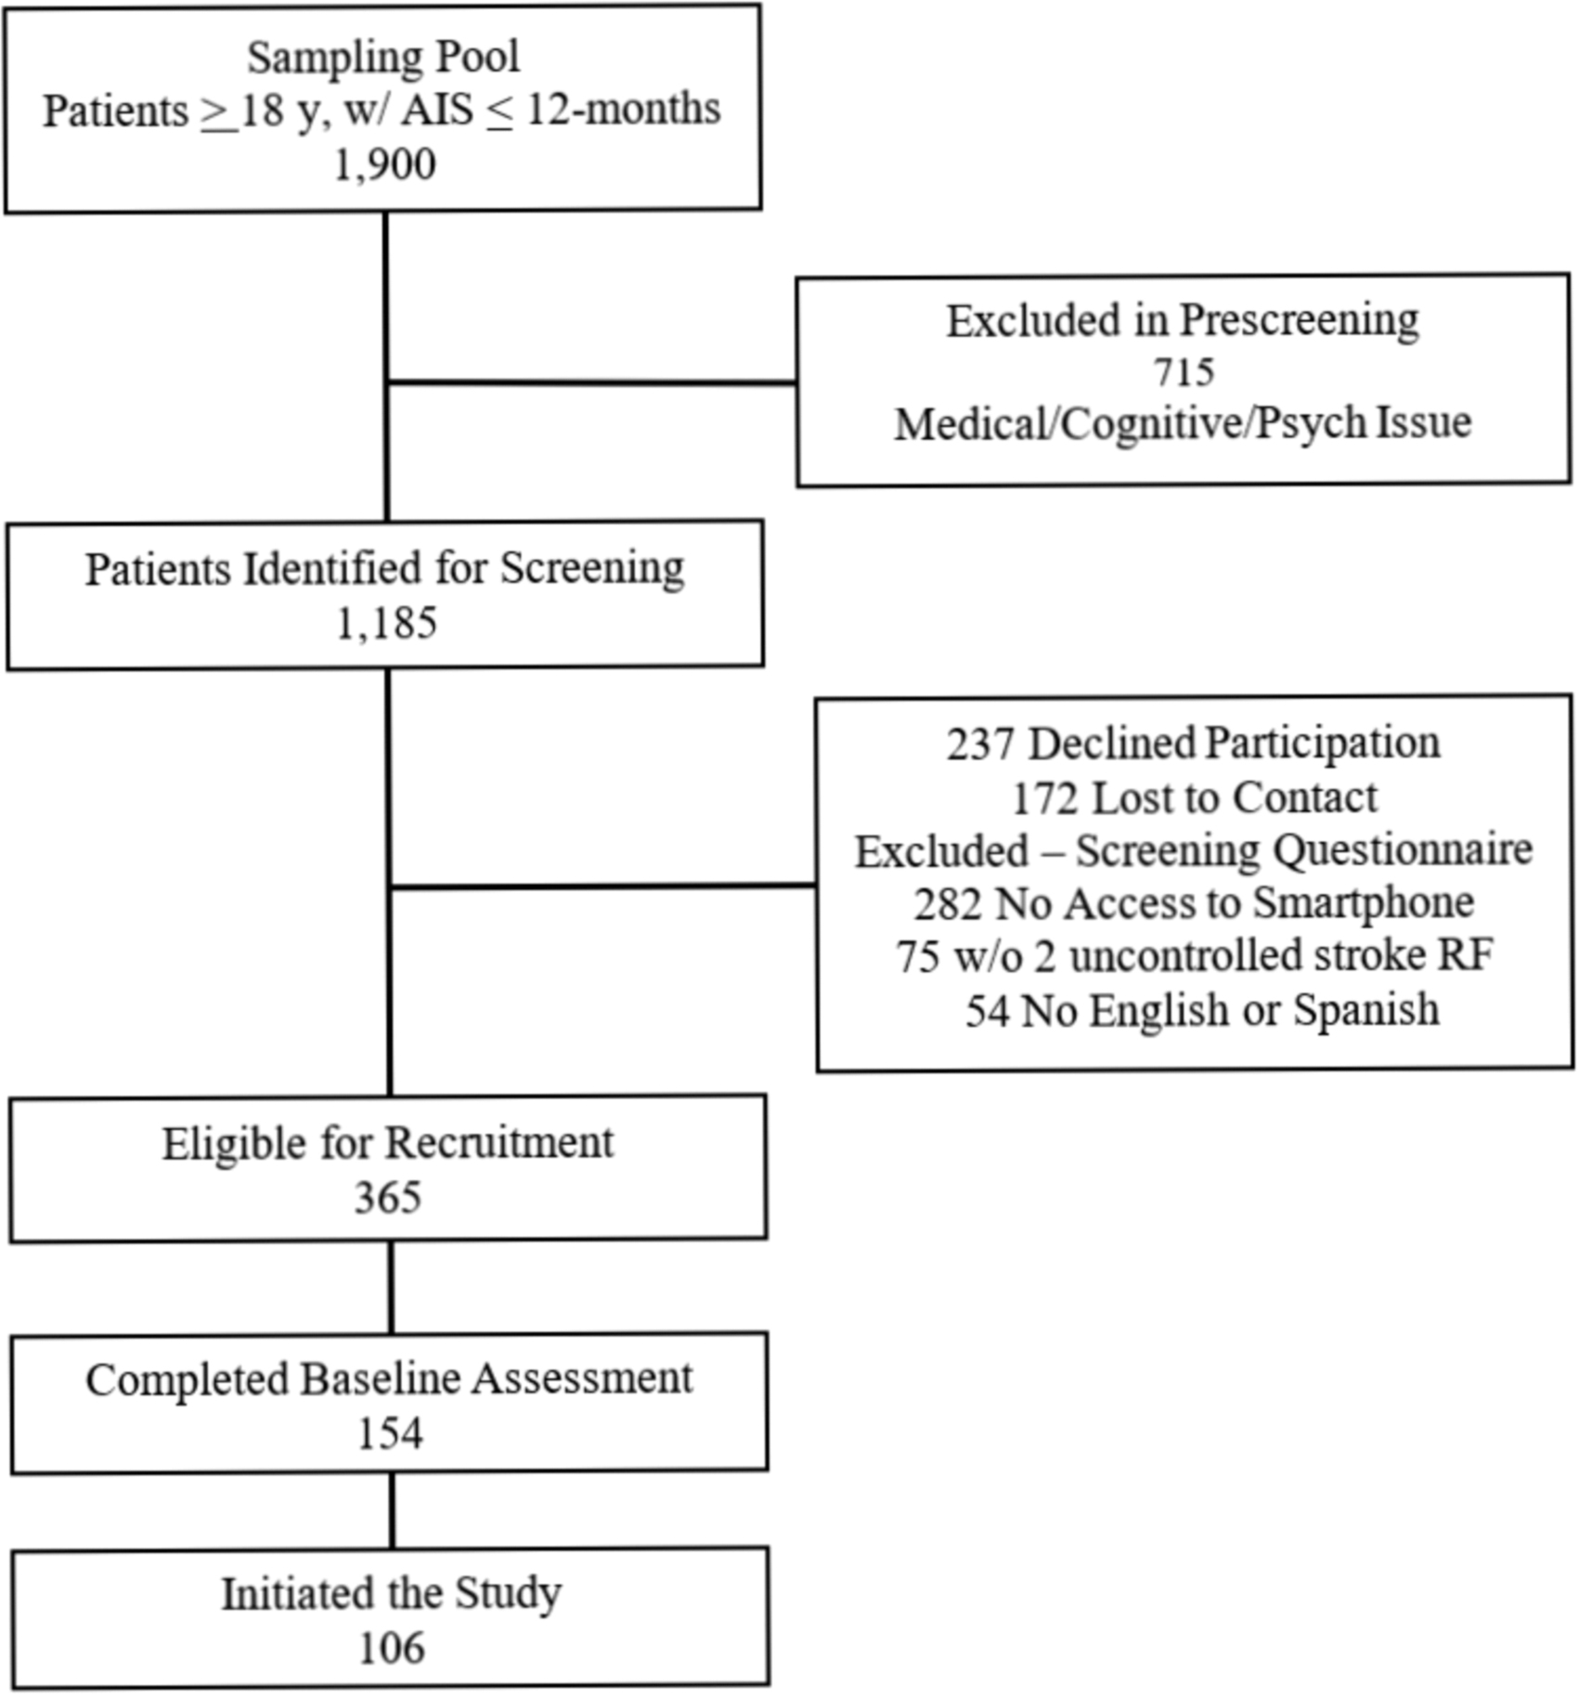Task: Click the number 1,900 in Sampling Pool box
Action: coord(384,164)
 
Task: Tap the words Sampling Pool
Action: coord(383,57)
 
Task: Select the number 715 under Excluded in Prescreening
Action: coord(1183,372)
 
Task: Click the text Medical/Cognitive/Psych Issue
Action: coord(1183,424)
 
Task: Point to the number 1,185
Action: coord(386,623)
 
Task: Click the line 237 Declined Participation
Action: coord(1194,744)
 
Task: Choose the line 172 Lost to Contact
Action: coord(1195,797)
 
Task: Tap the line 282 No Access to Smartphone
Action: coord(1194,903)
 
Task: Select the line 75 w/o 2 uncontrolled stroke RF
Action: coord(1195,956)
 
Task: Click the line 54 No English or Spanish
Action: coord(1202,1010)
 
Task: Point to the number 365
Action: coord(388,1198)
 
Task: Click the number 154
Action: coord(390,1433)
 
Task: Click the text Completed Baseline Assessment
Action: coord(389,1380)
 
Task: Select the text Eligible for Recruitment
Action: coord(388,1144)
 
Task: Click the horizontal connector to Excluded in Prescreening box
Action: coord(591,382)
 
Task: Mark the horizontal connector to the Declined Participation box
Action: coord(603,887)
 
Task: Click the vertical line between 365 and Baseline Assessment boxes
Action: coord(391,1288)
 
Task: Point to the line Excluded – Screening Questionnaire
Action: coord(1194,851)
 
